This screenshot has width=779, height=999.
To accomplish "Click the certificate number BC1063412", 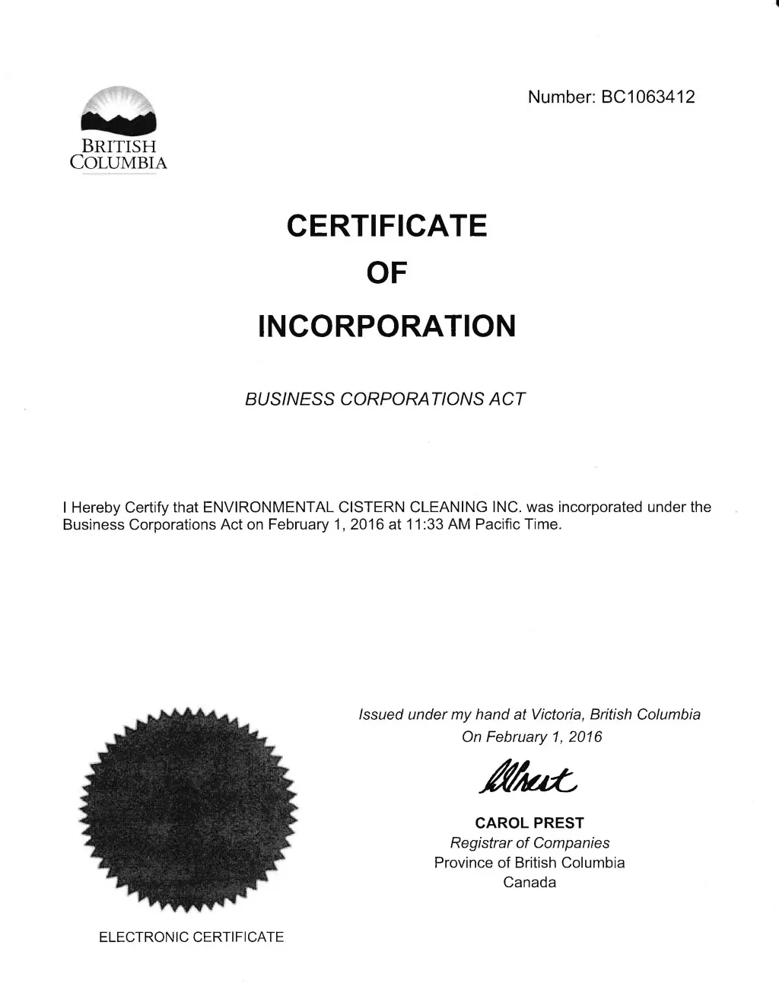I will (647, 97).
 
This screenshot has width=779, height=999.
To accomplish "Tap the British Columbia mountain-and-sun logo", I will (118, 111).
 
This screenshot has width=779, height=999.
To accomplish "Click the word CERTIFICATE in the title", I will (386, 226).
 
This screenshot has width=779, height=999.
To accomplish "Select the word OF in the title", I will (386, 275).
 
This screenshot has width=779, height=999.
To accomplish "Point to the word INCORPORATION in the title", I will (386, 326).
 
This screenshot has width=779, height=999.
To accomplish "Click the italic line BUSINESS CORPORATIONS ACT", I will (385, 399).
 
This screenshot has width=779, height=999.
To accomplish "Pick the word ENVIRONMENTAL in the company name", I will (264, 507).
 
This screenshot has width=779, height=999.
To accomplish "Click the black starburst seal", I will (188, 808).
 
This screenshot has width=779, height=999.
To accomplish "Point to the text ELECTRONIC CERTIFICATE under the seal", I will (191, 937).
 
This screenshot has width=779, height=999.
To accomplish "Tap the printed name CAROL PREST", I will (529, 822).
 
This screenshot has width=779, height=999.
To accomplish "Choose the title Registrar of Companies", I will (529, 843).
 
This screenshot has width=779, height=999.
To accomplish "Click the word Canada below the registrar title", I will (529, 883).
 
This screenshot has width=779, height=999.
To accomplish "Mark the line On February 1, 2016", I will (532, 737).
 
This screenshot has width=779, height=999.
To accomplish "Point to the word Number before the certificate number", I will (560, 97).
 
